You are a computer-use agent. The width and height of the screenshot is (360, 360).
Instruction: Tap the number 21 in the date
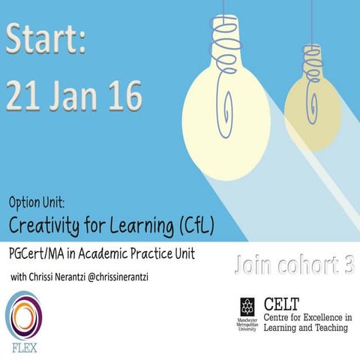[25, 97]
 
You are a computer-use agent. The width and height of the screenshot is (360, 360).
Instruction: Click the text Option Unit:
[40, 203]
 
